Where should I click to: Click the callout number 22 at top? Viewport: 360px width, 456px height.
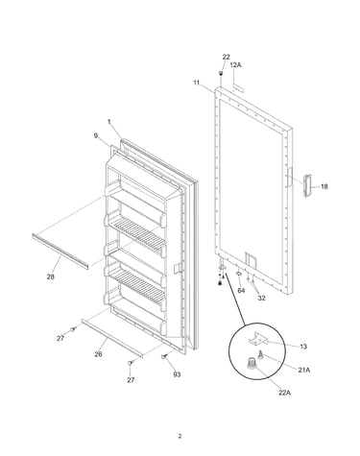[226, 57]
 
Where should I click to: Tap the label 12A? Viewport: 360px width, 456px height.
[235, 65]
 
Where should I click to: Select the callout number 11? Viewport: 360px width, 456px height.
[197, 83]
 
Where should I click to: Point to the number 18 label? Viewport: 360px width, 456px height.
[324, 186]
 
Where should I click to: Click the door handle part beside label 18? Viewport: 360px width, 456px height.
[307, 185]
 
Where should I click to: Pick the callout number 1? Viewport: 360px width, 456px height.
[109, 122]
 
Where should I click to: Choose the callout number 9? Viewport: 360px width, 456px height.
[95, 135]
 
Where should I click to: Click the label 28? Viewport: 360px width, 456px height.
[51, 276]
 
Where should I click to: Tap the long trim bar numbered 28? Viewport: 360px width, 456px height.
[60, 252]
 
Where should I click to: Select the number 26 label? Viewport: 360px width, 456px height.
[98, 354]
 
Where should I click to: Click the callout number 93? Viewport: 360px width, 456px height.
[177, 374]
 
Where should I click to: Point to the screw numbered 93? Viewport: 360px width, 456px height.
[165, 356]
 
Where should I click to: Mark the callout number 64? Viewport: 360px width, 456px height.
[241, 290]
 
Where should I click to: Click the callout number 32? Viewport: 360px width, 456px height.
[261, 298]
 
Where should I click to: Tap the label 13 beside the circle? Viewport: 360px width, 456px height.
[303, 347]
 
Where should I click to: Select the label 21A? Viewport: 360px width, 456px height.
[304, 370]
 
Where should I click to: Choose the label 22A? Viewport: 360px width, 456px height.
[284, 393]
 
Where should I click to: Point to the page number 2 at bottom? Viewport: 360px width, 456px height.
[180, 436]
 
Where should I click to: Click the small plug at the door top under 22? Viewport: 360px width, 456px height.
[221, 74]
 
